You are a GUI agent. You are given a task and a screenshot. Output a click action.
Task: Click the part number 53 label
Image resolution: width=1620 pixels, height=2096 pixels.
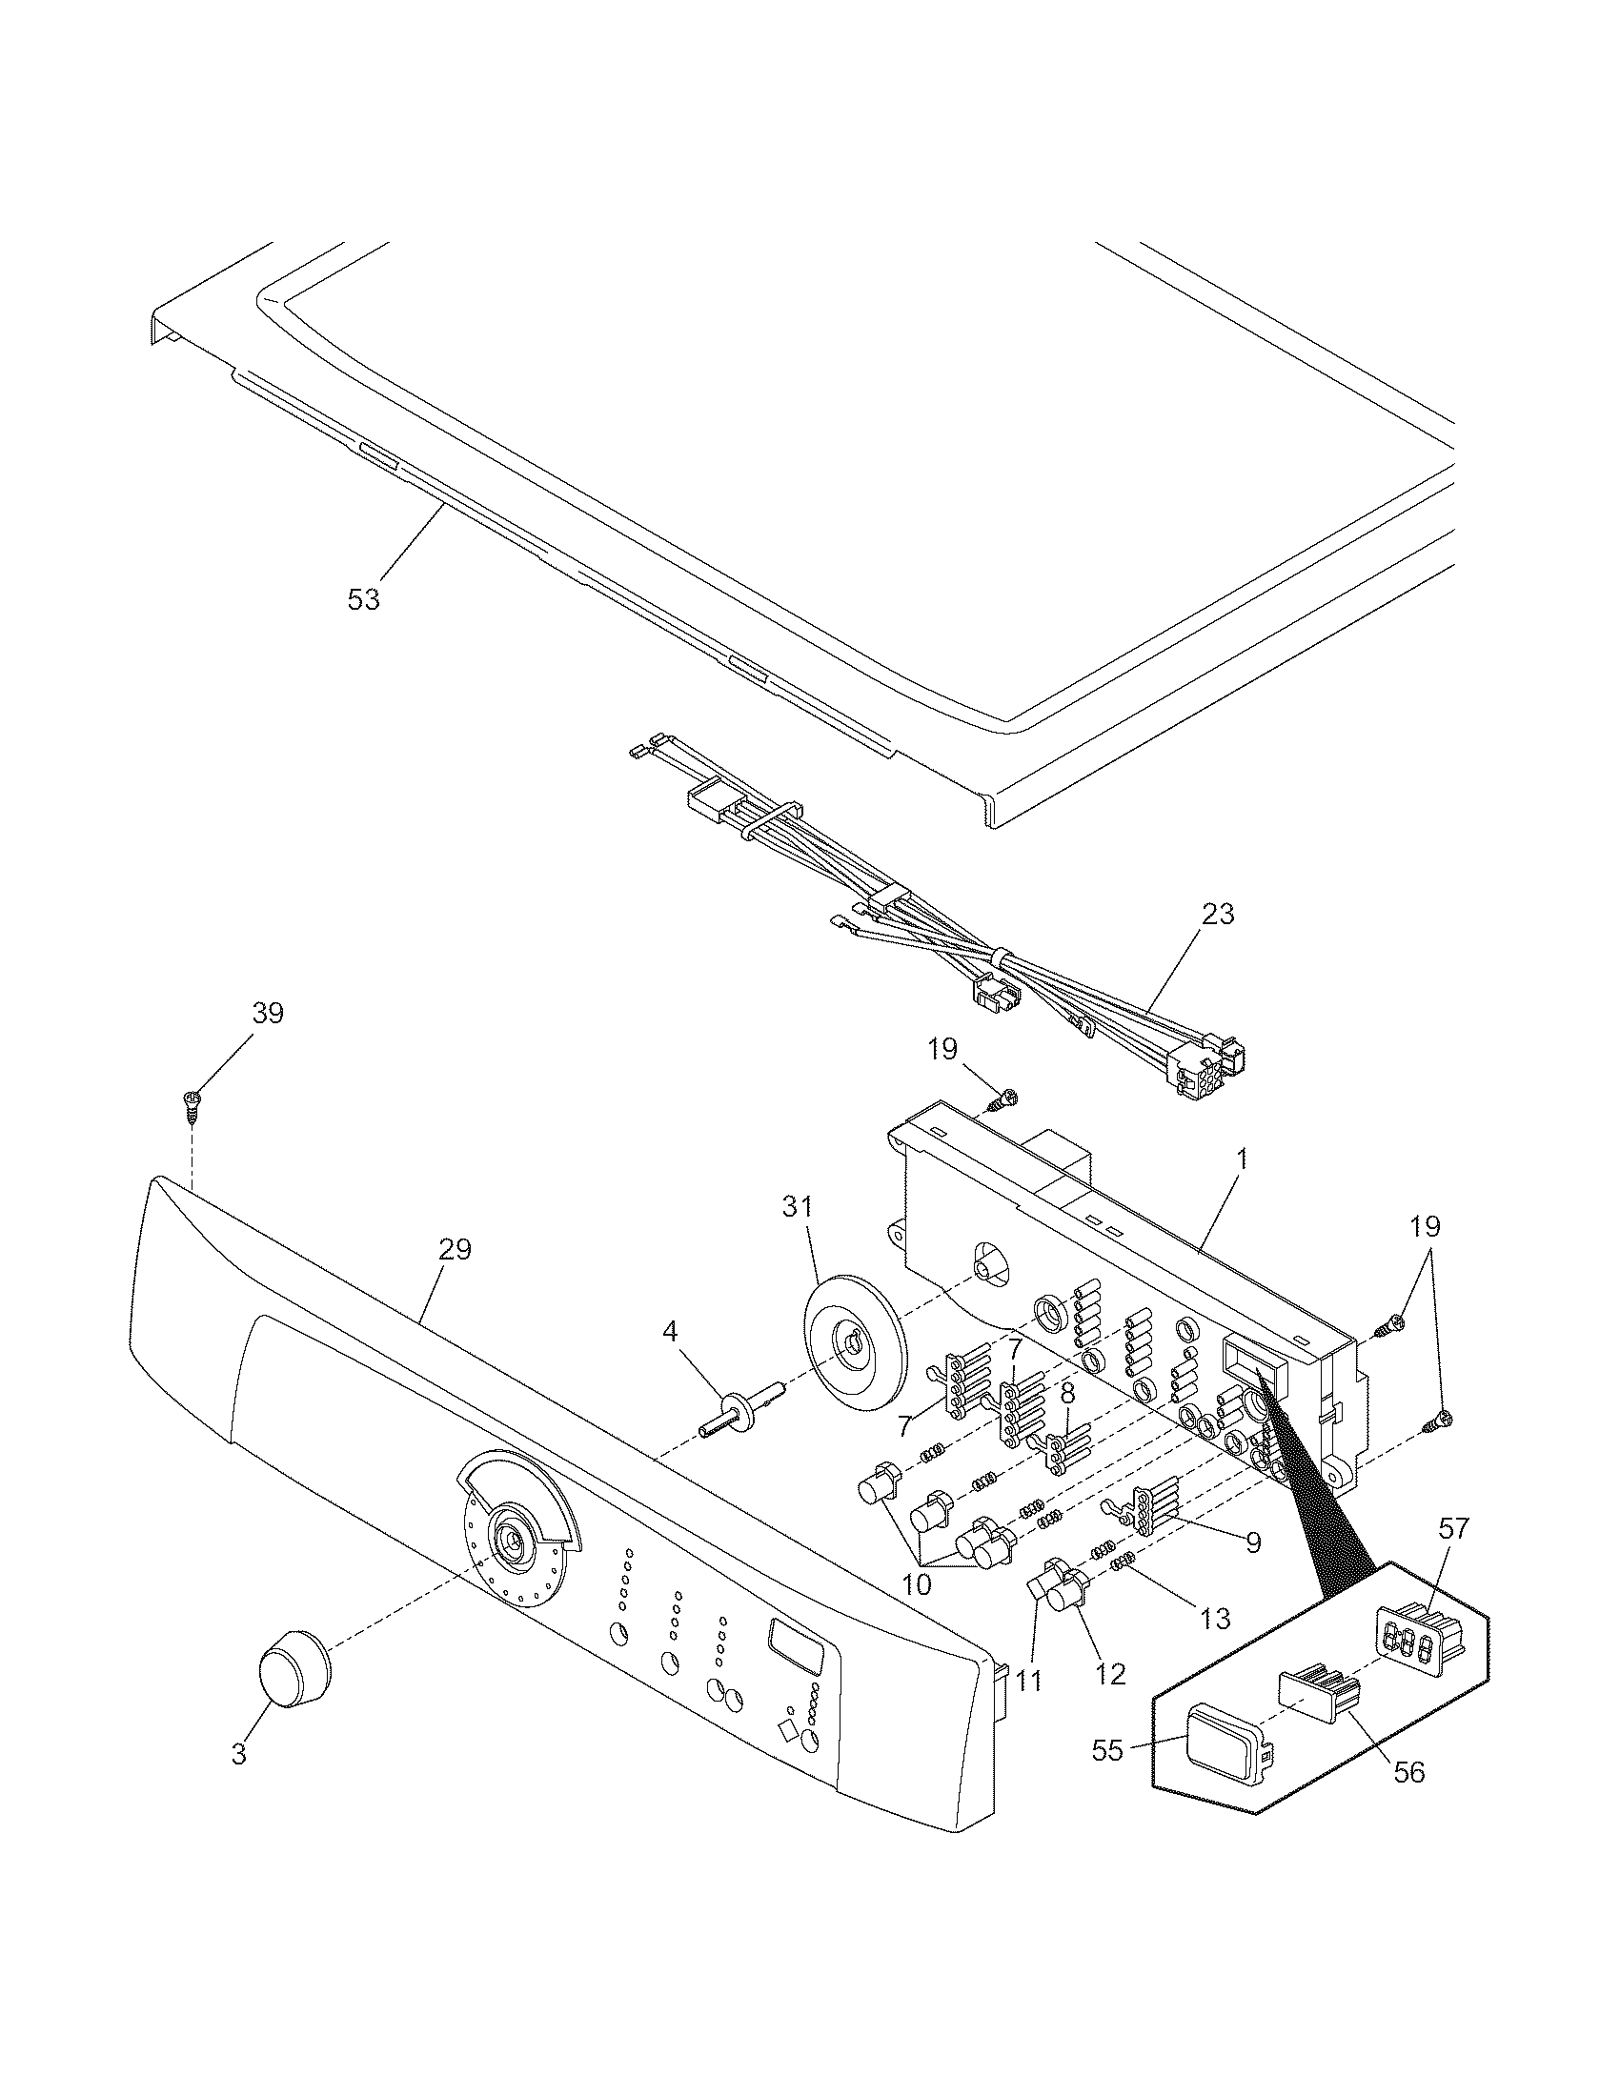coord(364,599)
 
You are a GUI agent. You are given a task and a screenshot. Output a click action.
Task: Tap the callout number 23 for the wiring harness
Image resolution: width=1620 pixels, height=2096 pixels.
coord(1218,914)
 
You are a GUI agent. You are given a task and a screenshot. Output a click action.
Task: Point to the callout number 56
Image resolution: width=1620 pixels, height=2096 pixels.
coord(1408,1772)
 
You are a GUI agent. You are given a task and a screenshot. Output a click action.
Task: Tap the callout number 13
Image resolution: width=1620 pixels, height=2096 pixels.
coord(1215,1619)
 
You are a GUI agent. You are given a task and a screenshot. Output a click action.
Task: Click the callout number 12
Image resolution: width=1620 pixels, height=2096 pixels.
coord(1110,1675)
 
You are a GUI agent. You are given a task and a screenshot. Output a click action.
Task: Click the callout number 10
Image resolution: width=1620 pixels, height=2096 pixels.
coord(917,1584)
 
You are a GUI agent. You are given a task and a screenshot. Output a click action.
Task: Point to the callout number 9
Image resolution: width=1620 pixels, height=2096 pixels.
coord(1253,1542)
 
